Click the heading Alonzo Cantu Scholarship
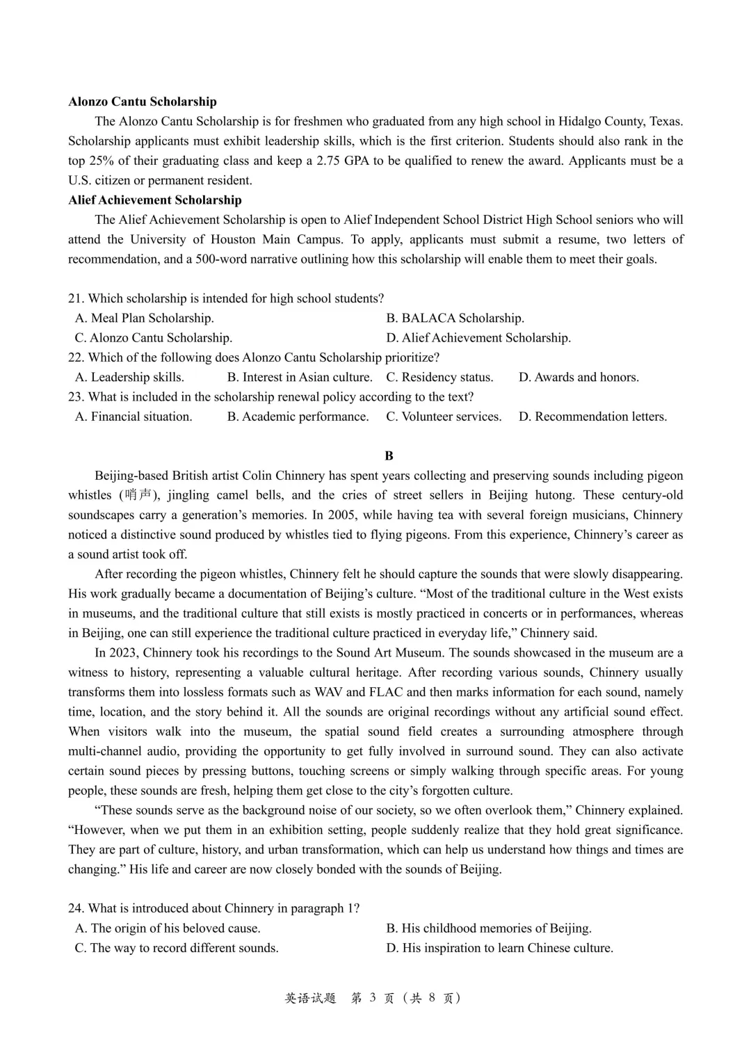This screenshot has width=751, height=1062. [x=143, y=102]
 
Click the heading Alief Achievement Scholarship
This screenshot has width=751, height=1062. [x=155, y=200]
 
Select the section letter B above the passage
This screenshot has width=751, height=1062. [x=389, y=456]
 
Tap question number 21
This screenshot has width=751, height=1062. [x=76, y=298]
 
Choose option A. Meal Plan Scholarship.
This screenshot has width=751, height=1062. [x=144, y=318]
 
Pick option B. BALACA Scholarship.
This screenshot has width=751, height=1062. [x=455, y=318]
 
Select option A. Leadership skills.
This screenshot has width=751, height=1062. [x=129, y=377]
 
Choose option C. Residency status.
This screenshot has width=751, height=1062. [x=439, y=377]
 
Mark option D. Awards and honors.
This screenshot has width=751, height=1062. [x=579, y=377]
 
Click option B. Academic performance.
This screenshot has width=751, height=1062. [x=298, y=417]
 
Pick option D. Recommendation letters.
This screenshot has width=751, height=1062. [x=592, y=417]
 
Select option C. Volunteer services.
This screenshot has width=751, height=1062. [x=444, y=417]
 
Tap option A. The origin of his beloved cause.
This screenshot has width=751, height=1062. [x=168, y=928]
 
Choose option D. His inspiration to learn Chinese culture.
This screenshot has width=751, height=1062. [x=499, y=948]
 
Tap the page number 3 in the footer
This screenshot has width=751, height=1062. [x=372, y=998]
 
